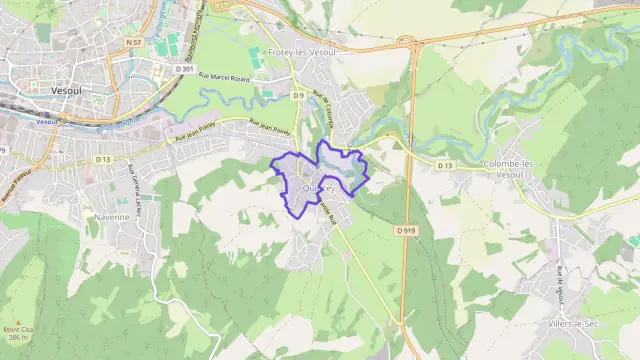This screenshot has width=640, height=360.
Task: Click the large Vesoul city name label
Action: [x=66, y=90]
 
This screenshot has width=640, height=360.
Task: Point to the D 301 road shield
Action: [x=183, y=68]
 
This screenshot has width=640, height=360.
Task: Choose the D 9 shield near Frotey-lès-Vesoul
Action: [x=297, y=95]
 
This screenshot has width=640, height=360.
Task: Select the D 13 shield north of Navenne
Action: [x=103, y=158]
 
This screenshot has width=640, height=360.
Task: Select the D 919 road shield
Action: [x=405, y=229]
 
